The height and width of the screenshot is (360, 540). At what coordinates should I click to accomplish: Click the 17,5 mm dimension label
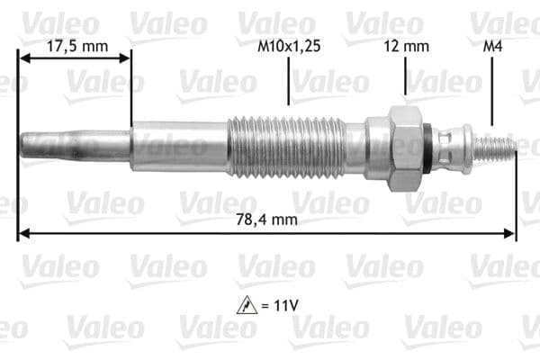(x=77, y=46)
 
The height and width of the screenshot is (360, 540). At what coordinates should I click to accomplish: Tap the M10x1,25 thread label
(x=289, y=46)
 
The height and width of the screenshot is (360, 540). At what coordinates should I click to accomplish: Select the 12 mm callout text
(x=407, y=46)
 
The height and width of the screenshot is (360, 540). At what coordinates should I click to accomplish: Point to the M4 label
(x=492, y=46)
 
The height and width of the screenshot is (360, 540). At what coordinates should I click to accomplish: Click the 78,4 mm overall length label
(x=266, y=220)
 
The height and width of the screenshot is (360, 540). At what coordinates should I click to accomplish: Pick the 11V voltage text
(x=285, y=305)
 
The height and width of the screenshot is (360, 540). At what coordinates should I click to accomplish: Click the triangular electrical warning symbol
(x=247, y=305)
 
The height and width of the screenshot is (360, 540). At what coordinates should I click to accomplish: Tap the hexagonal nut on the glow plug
(x=405, y=148)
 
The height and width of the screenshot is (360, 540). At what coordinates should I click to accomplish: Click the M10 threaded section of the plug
(x=286, y=148)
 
